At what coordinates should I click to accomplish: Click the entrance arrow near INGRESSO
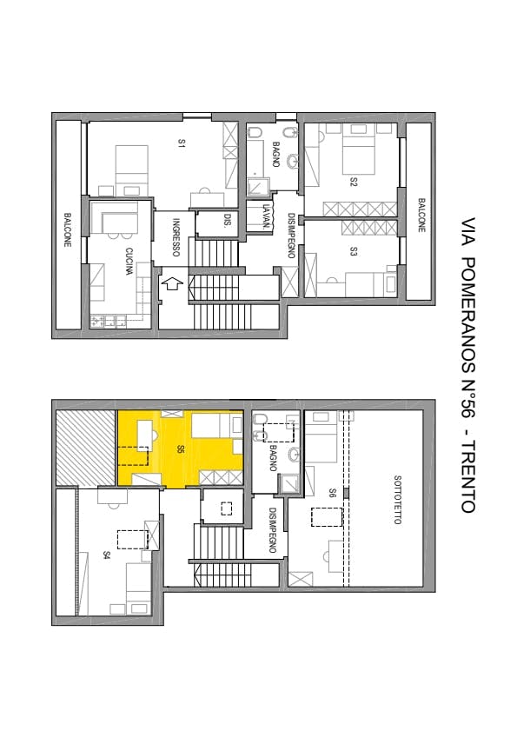(x=171, y=283)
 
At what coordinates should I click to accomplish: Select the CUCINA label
(x=129, y=262)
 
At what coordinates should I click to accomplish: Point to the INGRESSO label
(x=176, y=237)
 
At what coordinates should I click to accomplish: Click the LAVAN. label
(x=266, y=217)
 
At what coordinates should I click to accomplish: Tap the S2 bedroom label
(x=354, y=182)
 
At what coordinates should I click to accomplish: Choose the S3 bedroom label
(x=354, y=252)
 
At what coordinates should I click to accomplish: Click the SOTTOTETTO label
(x=397, y=500)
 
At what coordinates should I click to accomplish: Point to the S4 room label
(x=107, y=555)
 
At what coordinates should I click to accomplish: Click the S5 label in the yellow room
(x=181, y=450)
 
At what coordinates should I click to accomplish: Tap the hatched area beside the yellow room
(x=85, y=448)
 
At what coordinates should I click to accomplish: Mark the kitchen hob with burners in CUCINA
(x=108, y=321)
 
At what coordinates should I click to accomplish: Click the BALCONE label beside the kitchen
(x=68, y=229)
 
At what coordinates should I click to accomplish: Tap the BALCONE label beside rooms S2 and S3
(x=421, y=216)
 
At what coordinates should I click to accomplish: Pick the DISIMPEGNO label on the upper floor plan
(x=291, y=236)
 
